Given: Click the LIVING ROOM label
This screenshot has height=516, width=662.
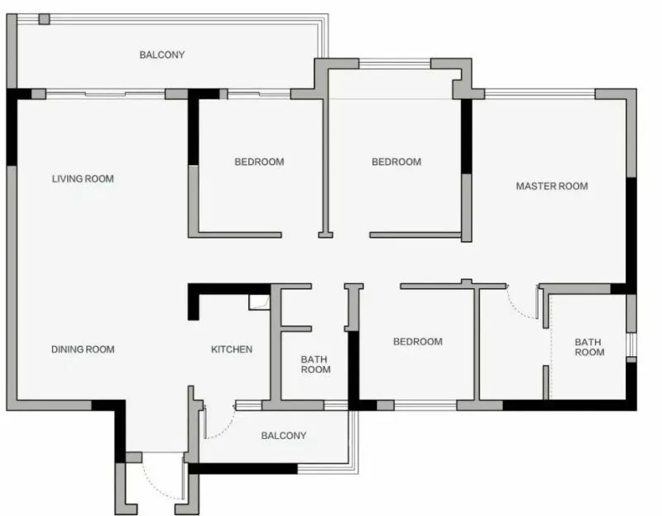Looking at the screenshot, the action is click(83, 179).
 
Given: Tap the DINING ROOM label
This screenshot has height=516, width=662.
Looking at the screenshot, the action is click(83, 350).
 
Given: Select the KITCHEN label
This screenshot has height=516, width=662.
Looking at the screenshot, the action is click(232, 350).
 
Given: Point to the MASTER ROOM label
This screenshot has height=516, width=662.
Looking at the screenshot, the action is click(552, 186).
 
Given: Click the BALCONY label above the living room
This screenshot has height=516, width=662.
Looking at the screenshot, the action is click(162, 55).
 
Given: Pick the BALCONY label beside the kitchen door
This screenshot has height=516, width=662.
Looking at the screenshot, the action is click(284, 436).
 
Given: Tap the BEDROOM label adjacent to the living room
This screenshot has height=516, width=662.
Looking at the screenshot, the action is click(259, 162).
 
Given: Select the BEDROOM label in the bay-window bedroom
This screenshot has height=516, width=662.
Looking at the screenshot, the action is click(396, 162).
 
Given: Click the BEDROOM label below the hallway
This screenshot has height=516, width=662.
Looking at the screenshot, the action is click(418, 341).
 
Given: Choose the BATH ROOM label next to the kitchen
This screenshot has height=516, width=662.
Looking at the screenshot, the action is click(315, 364).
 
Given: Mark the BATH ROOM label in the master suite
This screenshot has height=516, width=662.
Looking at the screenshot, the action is click(589, 347).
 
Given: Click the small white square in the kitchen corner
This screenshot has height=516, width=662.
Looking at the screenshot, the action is click(259, 302).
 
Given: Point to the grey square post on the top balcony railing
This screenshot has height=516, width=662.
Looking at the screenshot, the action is click(44, 19).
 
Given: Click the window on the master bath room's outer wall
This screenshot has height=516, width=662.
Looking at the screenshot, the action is click(631, 345).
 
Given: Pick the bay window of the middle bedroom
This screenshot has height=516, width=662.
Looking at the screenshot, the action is click(395, 64).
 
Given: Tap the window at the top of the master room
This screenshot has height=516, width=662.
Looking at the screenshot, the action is click(540, 94).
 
